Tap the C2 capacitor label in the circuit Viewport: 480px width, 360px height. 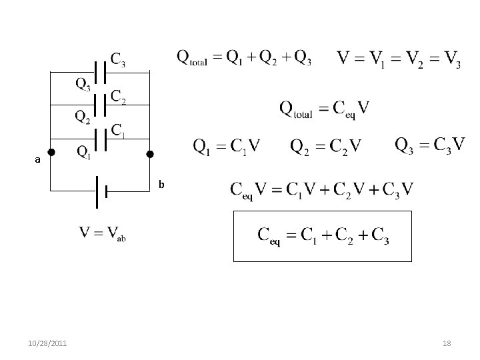click(119, 97)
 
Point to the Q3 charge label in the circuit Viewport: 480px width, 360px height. click(83, 85)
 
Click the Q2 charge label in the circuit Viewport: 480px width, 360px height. click(83, 118)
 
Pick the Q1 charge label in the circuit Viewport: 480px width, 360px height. click(84, 153)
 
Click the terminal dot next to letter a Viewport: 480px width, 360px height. click(52, 152)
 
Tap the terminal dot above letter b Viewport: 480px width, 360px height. click(150, 155)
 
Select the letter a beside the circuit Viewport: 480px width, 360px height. click(39, 160)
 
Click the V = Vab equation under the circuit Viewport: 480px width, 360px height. click(102, 234)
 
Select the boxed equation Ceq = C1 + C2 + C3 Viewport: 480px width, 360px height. click(323, 235)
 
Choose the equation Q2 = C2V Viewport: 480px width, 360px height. click(325, 145)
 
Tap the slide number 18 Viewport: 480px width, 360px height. click(447, 343)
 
